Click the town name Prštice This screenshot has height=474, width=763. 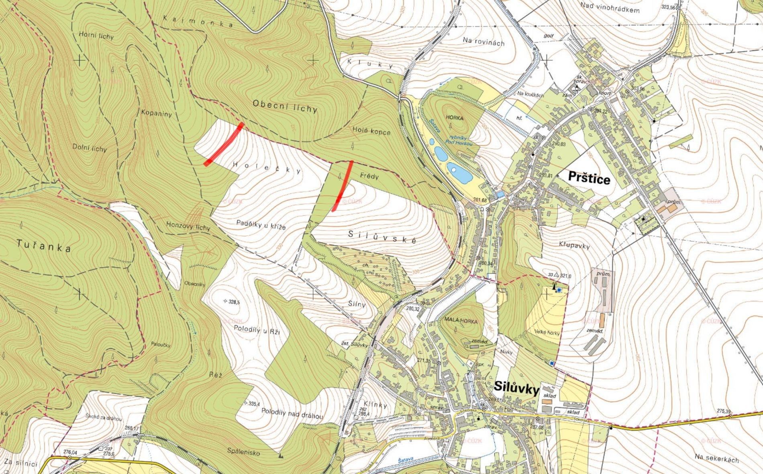(x=589, y=178)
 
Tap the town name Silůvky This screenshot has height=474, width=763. (x=516, y=387)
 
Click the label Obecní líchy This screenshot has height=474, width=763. (x=285, y=106)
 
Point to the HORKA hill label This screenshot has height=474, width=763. (x=454, y=118)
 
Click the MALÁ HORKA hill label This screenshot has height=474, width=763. (x=461, y=321)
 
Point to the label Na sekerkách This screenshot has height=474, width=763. (x=717, y=458)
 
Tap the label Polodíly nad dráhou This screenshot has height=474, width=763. (x=292, y=414)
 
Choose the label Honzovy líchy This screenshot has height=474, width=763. (x=188, y=226)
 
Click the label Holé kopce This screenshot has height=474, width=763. (x=371, y=131)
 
